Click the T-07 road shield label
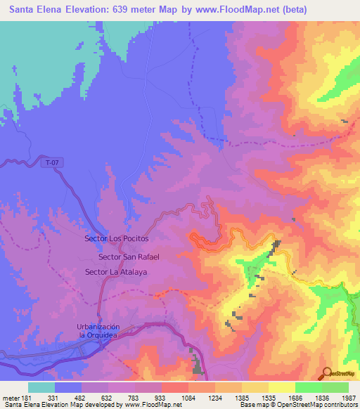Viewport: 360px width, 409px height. click(x=51, y=163)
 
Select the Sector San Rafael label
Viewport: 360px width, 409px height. click(x=129, y=257)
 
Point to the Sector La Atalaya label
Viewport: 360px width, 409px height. click(x=115, y=272)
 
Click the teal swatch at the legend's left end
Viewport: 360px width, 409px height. click(x=41, y=387)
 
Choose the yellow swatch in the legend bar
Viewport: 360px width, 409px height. click(x=281, y=387)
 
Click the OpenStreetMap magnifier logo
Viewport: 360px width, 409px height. click(x=326, y=373)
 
